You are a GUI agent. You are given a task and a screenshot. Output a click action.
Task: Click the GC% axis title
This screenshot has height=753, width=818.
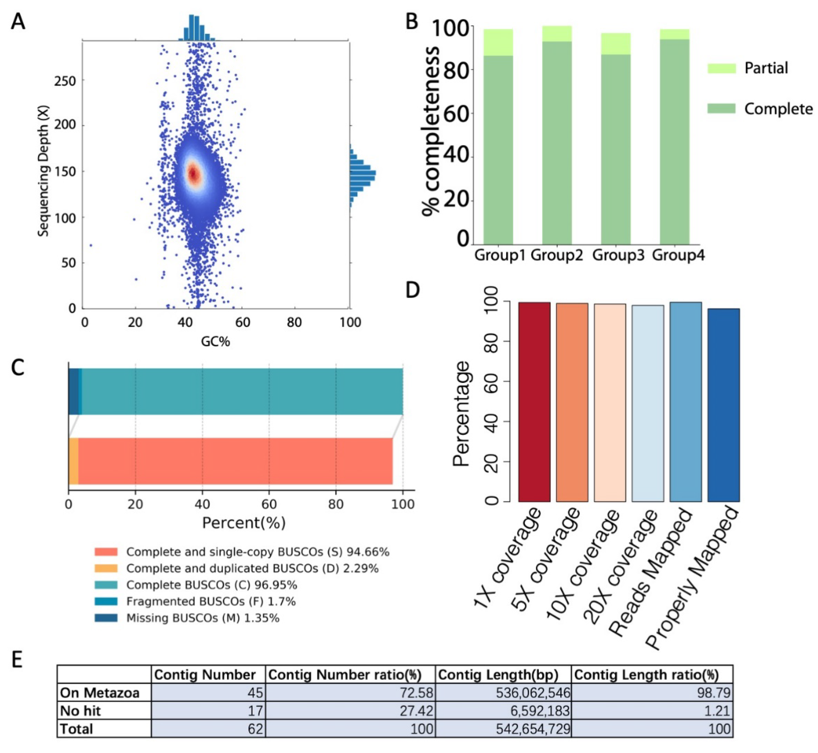[x=215, y=341]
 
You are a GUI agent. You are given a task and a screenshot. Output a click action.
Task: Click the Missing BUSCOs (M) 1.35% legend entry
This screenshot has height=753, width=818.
[x=202, y=618]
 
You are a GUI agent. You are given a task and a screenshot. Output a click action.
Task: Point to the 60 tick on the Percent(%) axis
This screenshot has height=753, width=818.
[x=269, y=504]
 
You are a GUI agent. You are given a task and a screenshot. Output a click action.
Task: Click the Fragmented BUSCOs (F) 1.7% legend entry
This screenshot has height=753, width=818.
[x=211, y=602]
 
